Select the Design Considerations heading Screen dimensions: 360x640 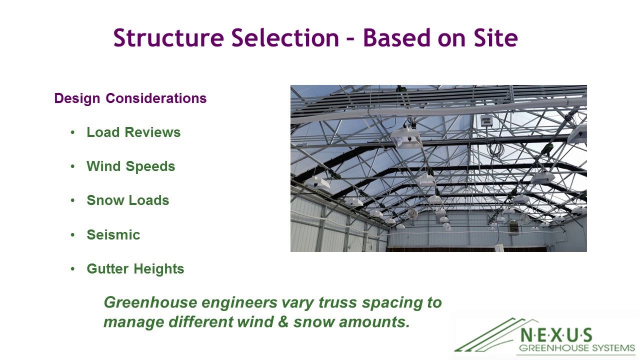pos(130,98)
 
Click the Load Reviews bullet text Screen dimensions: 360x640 pos(133,132)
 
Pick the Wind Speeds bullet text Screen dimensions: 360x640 pos(131,166)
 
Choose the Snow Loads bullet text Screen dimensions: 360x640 pos(128,200)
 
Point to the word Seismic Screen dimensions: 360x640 pos(113,235)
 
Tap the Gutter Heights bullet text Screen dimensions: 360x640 pos(135,269)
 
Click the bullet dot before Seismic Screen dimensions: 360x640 pos(73,235)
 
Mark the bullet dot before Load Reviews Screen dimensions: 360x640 pos(73,132)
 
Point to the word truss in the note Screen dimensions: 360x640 pos(337,303)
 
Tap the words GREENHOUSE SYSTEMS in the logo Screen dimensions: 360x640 pos(576,348)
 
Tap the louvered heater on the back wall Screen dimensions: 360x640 pos(514,227)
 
